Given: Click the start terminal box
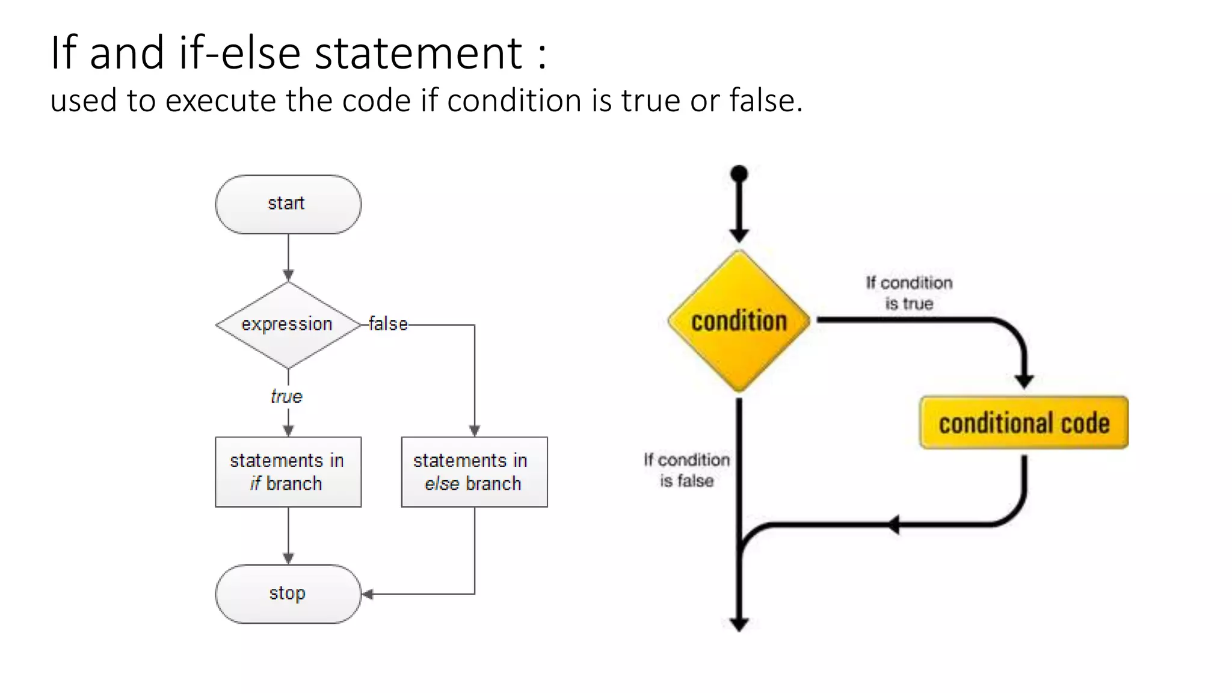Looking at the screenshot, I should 288,204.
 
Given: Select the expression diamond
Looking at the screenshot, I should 288,325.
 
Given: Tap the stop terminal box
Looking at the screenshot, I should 288,594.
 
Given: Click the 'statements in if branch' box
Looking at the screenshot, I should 288,472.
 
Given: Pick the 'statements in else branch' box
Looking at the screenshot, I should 474,472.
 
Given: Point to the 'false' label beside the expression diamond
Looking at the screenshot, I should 388,324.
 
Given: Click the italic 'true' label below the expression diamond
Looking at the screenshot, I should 286,396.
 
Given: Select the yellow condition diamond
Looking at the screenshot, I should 739,321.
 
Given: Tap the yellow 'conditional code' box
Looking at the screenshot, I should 1024,423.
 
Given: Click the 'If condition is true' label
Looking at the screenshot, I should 909,293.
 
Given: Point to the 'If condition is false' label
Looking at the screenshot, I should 686,470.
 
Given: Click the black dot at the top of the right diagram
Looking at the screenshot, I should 739,174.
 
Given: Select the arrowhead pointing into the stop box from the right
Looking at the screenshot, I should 368,594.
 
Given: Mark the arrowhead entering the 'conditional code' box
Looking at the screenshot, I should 1024,381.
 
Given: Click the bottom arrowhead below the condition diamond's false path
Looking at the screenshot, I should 739,624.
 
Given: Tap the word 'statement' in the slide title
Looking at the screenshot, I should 419,53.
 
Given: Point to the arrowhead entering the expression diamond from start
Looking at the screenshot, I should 288,276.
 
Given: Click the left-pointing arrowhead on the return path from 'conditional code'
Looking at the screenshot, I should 894,525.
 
